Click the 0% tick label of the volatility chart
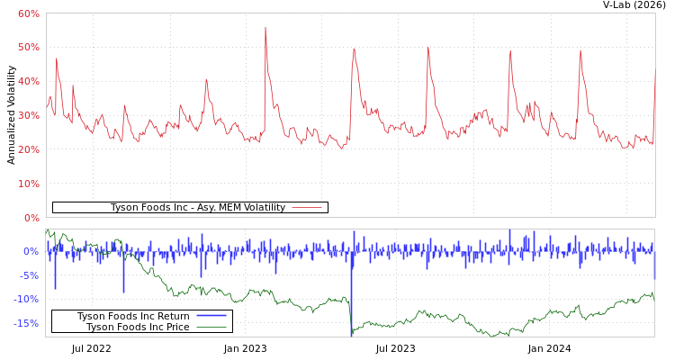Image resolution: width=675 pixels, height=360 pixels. point(31,218)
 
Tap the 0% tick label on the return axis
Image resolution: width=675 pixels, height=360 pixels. point(31,251)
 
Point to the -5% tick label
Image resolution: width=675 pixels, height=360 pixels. point(29,275)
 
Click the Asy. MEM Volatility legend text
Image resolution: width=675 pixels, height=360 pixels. point(197,208)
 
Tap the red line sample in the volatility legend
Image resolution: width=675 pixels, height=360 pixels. point(307,208)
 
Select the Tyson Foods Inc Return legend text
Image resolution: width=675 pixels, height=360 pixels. point(133,317)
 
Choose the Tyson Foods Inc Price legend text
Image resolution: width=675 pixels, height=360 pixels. point(138,328)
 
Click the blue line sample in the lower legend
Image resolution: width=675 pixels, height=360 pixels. point(211,317)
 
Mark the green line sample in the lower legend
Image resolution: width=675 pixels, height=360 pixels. point(211,328)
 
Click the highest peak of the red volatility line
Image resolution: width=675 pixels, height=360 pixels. point(265,28)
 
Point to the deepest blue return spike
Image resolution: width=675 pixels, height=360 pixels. point(351,333)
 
